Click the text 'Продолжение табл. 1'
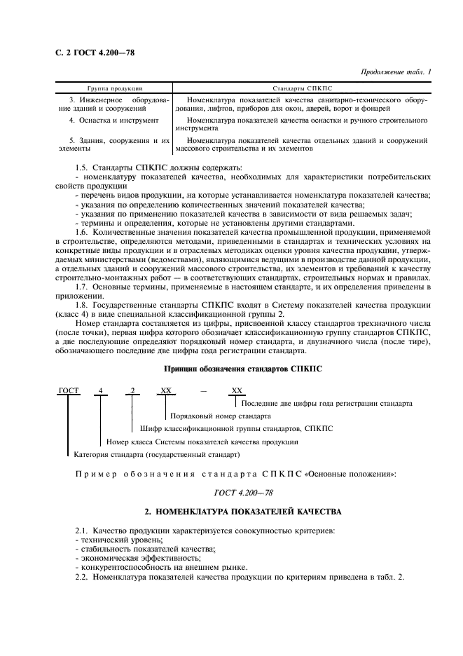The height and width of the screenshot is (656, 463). [394, 72]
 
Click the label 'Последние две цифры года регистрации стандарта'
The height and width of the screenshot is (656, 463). [326, 403]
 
